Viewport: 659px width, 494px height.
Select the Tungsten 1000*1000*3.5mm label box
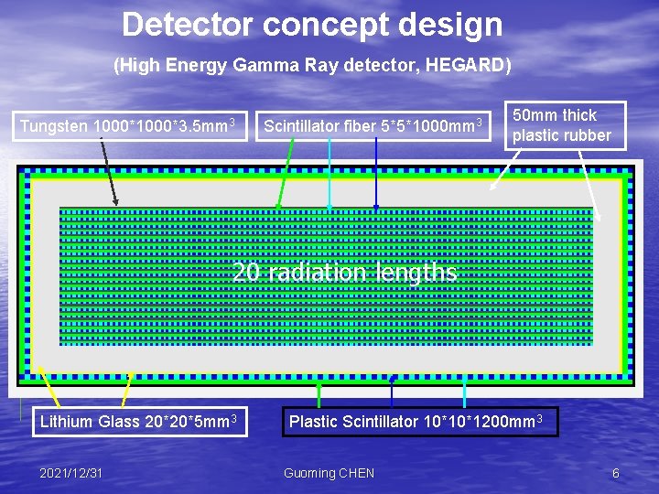pyautogui.click(x=128, y=125)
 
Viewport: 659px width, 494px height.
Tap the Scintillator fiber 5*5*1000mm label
pyautogui.click(x=373, y=125)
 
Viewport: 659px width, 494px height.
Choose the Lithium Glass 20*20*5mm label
pyautogui.click(x=138, y=422)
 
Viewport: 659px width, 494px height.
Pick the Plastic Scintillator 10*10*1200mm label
pyautogui.click(x=419, y=422)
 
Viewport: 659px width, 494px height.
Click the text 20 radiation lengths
pyautogui.click(x=344, y=273)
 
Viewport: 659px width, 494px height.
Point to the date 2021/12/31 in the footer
pyautogui.click(x=70, y=473)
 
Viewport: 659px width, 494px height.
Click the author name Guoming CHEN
pyautogui.click(x=329, y=473)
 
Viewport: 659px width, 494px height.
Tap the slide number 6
pyautogui.click(x=616, y=473)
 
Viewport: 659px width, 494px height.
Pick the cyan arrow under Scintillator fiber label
pyautogui.click(x=329, y=174)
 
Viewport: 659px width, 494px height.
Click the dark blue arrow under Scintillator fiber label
pyautogui.click(x=376, y=174)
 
